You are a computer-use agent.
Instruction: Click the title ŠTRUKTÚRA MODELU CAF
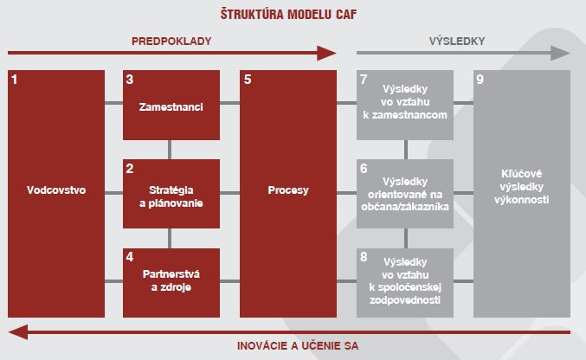[x=288, y=14]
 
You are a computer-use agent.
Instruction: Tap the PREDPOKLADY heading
[x=171, y=42]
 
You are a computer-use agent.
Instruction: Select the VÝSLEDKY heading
[x=457, y=41]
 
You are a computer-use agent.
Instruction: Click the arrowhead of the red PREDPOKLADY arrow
[x=326, y=53]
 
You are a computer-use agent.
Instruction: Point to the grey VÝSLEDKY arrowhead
[x=561, y=53]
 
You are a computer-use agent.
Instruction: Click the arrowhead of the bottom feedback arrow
[x=18, y=332]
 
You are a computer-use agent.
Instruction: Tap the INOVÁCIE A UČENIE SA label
[x=298, y=346]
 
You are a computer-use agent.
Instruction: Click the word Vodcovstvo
[x=56, y=190]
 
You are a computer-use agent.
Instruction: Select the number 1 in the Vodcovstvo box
[x=14, y=80]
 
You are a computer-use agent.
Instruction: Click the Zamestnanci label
[x=171, y=107]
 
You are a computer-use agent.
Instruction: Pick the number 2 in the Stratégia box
[x=130, y=168]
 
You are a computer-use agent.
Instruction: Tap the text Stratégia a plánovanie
[x=171, y=196]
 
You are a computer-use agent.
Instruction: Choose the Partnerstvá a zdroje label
[x=171, y=280]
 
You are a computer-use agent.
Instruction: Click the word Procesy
[x=288, y=190]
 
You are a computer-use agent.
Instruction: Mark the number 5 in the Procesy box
[x=248, y=80]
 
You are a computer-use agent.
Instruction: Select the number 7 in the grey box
[x=364, y=80]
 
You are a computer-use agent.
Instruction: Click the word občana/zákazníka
[x=405, y=207]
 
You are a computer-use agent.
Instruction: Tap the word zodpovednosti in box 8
[x=405, y=299]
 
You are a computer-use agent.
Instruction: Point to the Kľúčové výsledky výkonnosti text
[x=521, y=187]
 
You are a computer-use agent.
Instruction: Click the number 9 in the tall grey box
[x=480, y=80]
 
